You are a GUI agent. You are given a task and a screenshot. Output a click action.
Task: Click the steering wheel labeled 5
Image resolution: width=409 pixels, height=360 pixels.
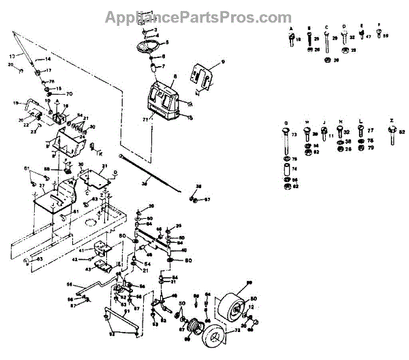pos(149,46)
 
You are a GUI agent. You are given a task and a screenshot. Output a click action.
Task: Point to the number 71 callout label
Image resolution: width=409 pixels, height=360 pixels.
pos(145,119)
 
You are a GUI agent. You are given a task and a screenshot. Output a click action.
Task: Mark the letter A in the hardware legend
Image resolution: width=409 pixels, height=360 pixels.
pos(291,28)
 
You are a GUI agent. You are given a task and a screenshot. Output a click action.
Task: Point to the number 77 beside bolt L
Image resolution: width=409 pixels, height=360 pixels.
pos(370,130)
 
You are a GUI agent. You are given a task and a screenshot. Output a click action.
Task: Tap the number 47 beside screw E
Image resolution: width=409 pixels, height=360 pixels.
pos(368,40)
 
